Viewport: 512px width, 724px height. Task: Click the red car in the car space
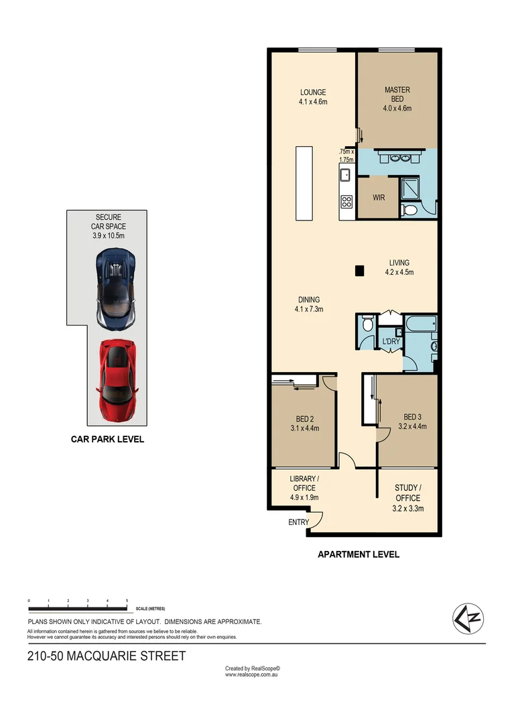pyautogui.click(x=117, y=380)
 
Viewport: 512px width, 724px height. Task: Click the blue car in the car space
pyautogui.click(x=117, y=288)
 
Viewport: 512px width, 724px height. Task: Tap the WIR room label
pyautogui.click(x=378, y=198)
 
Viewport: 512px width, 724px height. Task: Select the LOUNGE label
pyautogui.click(x=312, y=93)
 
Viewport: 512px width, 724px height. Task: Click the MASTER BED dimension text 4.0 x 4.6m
pyautogui.click(x=397, y=108)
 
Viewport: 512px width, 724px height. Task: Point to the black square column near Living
pyautogui.click(x=360, y=271)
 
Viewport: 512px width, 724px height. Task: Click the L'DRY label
pyautogui.click(x=390, y=343)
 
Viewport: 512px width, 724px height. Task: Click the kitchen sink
pyautogui.click(x=346, y=176)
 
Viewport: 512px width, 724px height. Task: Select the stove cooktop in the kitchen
pyautogui.click(x=346, y=201)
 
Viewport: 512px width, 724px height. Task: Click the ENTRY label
pyautogui.click(x=298, y=522)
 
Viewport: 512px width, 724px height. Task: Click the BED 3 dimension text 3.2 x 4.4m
pyautogui.click(x=412, y=426)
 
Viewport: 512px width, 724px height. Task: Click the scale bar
pyautogui.click(x=78, y=609)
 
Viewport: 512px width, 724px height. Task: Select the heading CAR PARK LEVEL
pyautogui.click(x=107, y=440)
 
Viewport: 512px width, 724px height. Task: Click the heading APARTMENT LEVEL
pyautogui.click(x=358, y=554)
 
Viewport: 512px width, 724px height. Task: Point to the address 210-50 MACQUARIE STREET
pyautogui.click(x=107, y=656)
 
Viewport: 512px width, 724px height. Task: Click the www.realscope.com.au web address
pyautogui.click(x=251, y=675)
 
